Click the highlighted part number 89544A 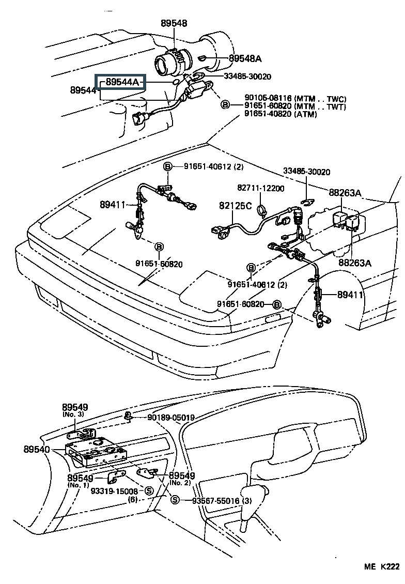pos(122,82)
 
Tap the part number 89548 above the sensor pos(174,23)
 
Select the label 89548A pos(245,58)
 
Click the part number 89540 pos(37,449)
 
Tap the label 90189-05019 pos(171,418)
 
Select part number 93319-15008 pos(114,491)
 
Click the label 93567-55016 pos(215,501)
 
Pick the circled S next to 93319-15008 pos(149,491)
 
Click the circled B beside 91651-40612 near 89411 pos(167,166)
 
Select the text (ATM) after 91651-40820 pos(305,114)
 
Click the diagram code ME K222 pos(382,566)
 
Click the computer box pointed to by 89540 pos(96,455)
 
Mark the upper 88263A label pos(345,193)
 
